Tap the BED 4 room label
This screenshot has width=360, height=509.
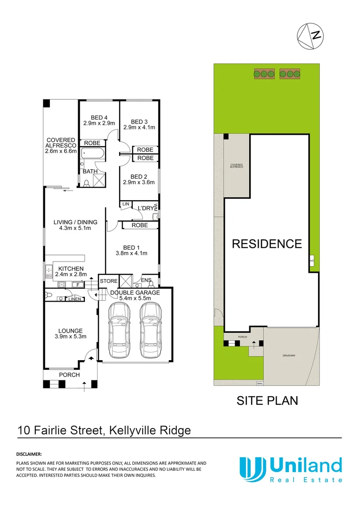[x=99, y=117]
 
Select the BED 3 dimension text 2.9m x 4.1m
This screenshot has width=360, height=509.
[x=139, y=127]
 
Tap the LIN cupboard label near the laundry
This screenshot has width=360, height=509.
[x=125, y=204]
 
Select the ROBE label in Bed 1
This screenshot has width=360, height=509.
[x=139, y=225]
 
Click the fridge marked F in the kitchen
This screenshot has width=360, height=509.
[x=75, y=285]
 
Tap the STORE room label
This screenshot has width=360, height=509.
[x=109, y=281]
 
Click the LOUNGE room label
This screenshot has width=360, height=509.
[x=70, y=331]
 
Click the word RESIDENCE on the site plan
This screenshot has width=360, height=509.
[x=267, y=244]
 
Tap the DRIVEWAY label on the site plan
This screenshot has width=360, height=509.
[x=289, y=356]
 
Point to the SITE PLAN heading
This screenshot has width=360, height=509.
[x=267, y=401]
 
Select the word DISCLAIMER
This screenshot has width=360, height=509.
[x=29, y=454]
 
